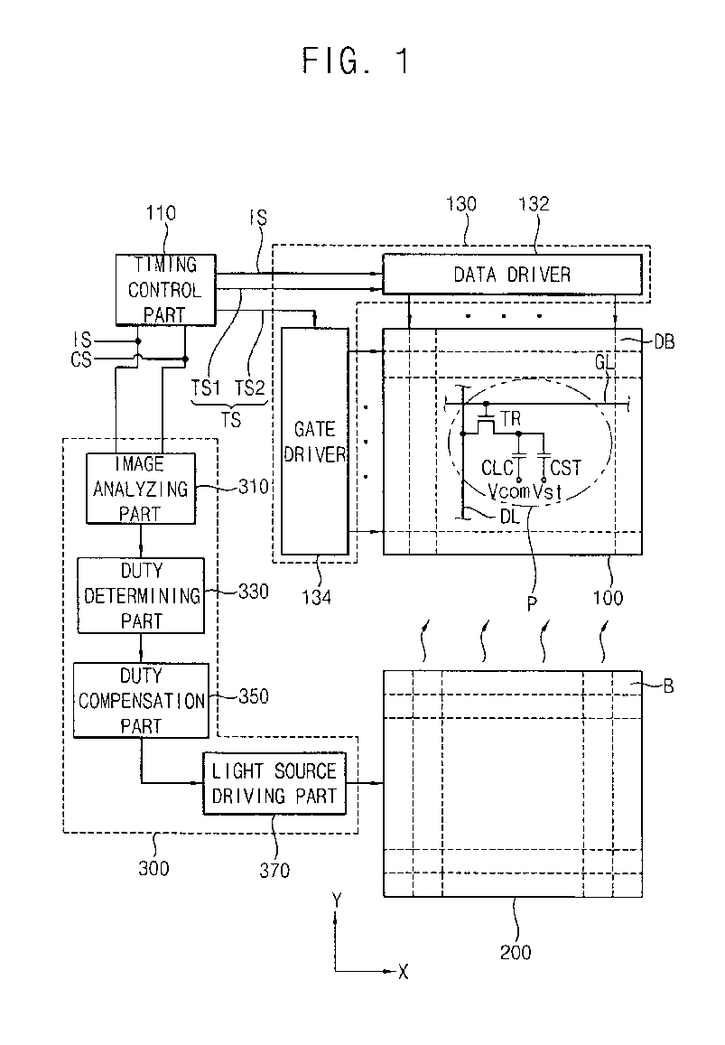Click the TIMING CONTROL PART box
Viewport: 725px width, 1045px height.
[x=166, y=290]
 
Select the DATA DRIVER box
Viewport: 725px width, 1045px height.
[x=513, y=274]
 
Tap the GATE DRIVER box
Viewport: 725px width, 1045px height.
[x=314, y=441]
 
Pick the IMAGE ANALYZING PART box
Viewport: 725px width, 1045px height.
[x=141, y=489]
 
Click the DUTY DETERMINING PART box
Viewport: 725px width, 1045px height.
[x=141, y=595]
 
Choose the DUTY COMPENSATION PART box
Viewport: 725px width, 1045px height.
[x=141, y=701]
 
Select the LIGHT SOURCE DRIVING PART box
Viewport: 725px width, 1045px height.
[x=274, y=784]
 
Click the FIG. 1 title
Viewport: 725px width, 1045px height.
[x=356, y=61]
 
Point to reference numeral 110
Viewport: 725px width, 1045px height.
[x=161, y=213]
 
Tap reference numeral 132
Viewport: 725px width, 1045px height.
[x=534, y=204]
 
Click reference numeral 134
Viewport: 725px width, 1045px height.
[x=316, y=597]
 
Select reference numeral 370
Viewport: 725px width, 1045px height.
[x=274, y=871]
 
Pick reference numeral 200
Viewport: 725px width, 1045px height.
[x=516, y=952]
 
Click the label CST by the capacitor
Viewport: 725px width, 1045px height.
[x=566, y=468]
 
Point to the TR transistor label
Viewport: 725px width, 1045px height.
[x=510, y=419]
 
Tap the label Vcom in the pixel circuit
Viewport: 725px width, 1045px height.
[x=508, y=492]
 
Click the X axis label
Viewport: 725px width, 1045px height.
[x=404, y=973]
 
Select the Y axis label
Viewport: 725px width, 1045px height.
[x=337, y=901]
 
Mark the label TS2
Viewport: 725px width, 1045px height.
[x=250, y=387]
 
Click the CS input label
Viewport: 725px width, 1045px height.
[x=80, y=359]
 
